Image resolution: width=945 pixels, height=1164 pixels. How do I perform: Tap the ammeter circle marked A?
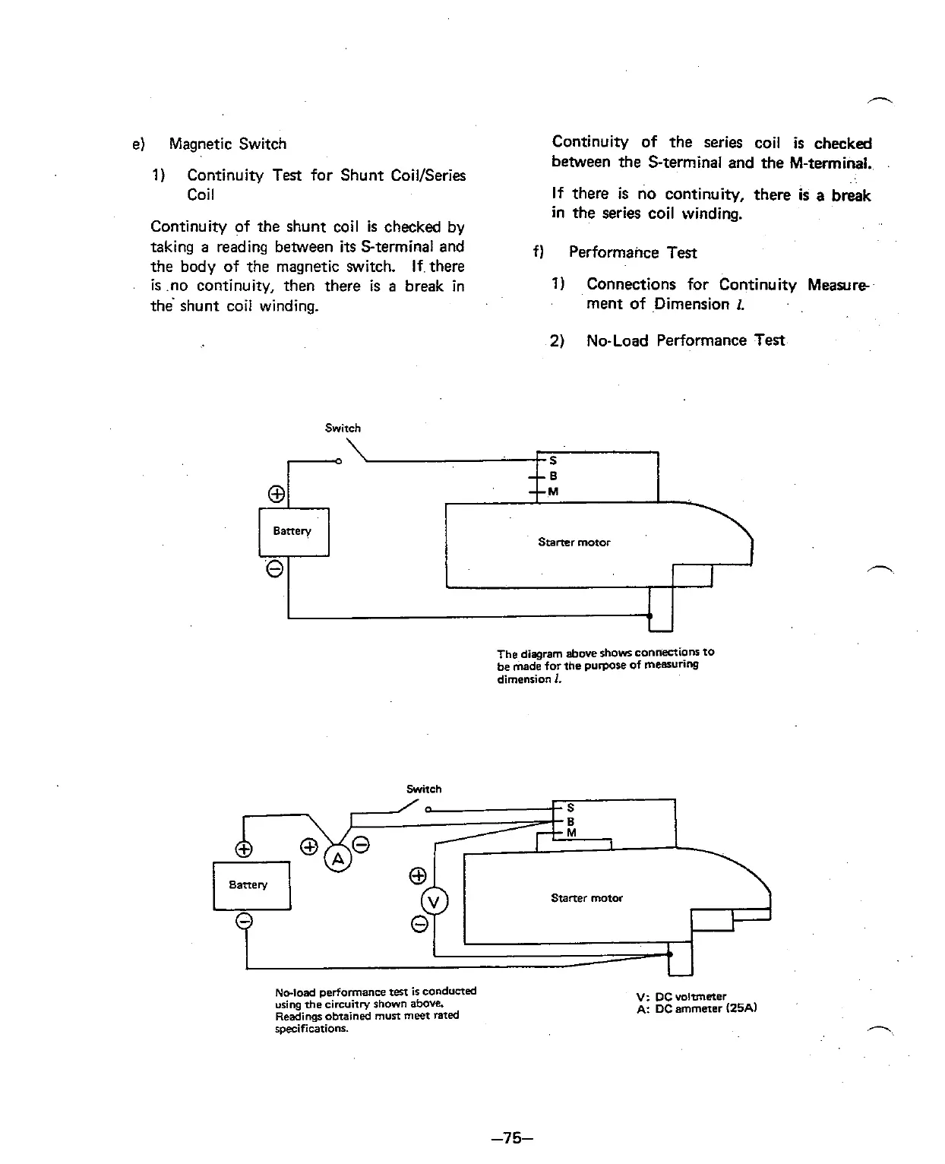point(338,859)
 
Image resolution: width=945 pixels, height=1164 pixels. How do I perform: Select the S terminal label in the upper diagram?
point(553,460)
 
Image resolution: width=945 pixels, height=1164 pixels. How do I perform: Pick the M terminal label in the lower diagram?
point(571,833)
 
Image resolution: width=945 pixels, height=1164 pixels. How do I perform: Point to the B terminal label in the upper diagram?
point(553,476)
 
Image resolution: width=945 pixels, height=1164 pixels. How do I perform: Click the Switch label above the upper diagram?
point(343,428)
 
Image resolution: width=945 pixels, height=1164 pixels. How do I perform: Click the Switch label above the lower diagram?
point(424,789)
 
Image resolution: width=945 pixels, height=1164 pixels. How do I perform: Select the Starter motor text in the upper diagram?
point(574,542)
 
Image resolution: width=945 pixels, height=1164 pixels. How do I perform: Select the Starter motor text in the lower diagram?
point(586,898)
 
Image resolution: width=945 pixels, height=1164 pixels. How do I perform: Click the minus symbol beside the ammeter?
point(362,845)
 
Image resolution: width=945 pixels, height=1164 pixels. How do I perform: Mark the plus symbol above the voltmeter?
point(417,876)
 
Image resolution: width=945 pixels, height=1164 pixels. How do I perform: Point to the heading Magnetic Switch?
point(228,144)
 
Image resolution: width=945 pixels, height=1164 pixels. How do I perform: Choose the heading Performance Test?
point(632,253)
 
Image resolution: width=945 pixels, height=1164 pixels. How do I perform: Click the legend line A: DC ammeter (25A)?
point(698,1009)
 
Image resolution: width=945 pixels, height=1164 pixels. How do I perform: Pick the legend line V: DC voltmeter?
point(682,996)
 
